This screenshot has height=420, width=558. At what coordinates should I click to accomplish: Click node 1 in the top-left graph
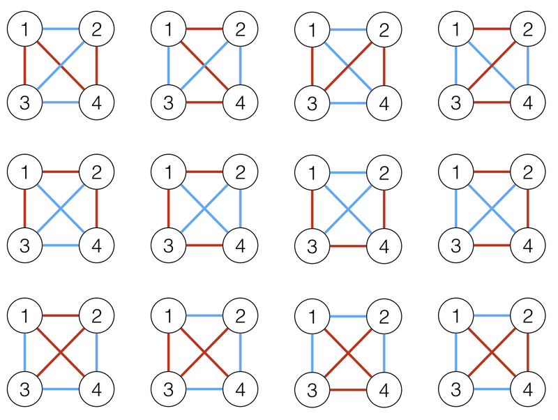coord(24,29)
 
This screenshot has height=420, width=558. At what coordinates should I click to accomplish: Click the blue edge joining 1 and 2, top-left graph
coord(60,29)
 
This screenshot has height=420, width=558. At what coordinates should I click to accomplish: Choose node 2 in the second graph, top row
coord(240,29)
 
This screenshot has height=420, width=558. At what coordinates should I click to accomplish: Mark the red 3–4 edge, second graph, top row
coord(204,103)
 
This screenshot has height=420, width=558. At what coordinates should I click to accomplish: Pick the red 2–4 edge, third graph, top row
coord(384,66)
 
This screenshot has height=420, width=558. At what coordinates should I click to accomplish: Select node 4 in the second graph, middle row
coord(240,246)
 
